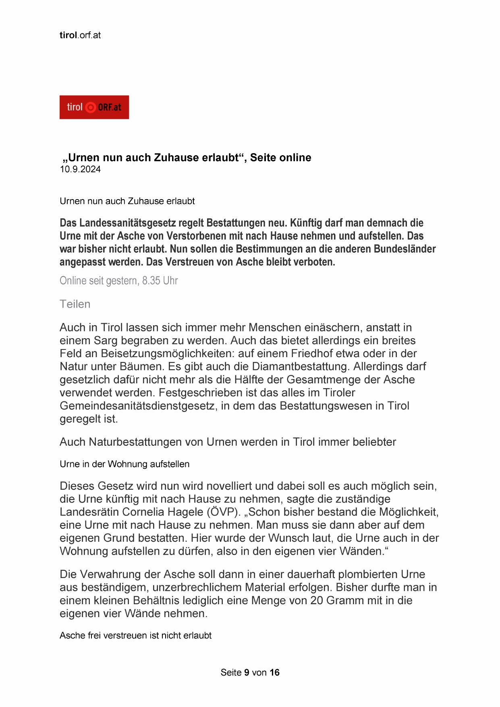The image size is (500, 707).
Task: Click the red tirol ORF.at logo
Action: coord(94,107)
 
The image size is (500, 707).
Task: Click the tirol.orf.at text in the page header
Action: coord(80,35)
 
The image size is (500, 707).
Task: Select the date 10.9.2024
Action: coord(80,169)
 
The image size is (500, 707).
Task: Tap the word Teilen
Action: coord(75,304)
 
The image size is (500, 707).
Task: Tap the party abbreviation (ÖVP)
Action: coord(222,512)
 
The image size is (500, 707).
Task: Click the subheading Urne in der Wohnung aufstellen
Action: coord(124,464)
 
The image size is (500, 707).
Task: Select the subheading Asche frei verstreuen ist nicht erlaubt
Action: coord(135,635)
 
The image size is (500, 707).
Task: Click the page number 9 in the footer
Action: coord(247,672)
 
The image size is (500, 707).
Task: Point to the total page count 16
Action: coord(274,672)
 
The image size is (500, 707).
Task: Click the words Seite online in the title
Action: coord(280,158)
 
